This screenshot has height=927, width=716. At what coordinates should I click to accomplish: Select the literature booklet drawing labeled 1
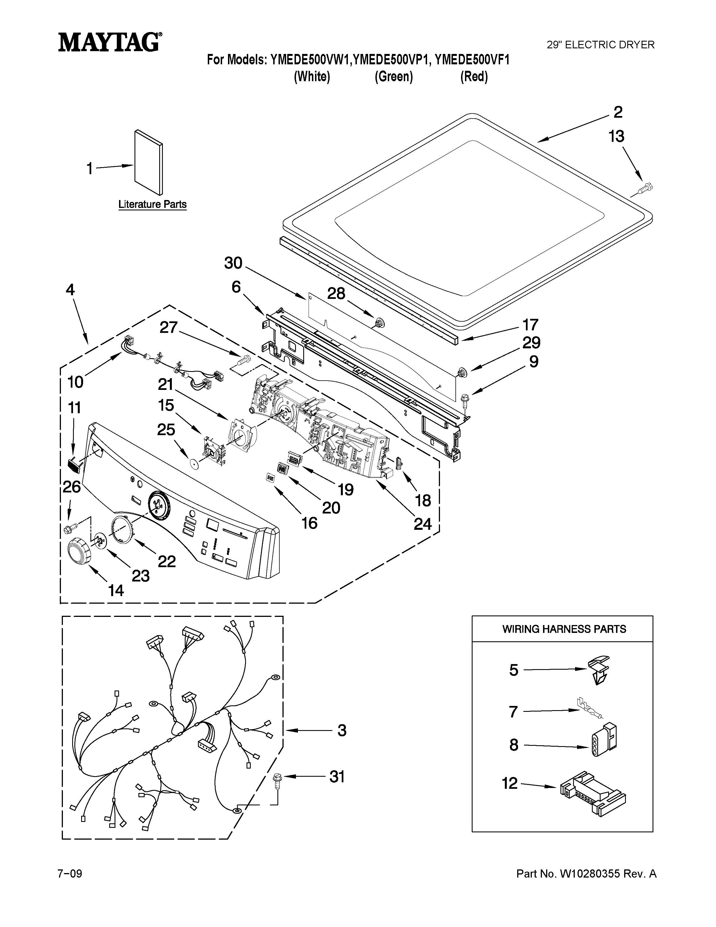[x=149, y=161]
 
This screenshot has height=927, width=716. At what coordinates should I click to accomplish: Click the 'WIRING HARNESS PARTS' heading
[x=564, y=629]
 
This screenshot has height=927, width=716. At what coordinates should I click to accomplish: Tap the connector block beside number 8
[x=603, y=740]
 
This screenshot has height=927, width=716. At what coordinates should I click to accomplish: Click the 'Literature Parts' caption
[x=152, y=204]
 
